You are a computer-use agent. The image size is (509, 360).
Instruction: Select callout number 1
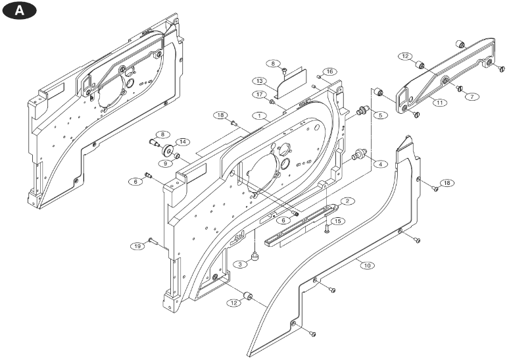(x=261, y=115)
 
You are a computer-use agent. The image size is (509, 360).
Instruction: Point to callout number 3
(x=242, y=264)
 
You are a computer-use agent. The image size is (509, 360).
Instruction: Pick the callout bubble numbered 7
(x=471, y=97)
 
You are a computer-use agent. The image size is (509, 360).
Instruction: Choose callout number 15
(x=337, y=220)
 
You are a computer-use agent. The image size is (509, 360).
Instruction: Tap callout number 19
(x=137, y=246)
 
